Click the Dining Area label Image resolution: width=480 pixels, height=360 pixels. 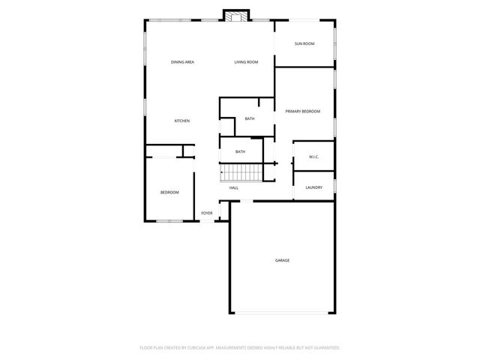[182, 61]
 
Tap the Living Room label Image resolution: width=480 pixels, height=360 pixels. [246, 61]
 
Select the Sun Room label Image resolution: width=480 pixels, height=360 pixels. [304, 43]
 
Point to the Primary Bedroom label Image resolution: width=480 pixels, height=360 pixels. [302, 111]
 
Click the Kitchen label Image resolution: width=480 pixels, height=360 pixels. [181, 121]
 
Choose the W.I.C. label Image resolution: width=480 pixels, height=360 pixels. [313, 157]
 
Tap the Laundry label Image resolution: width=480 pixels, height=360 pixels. [313, 187]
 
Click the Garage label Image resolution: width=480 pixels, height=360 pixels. [282, 260]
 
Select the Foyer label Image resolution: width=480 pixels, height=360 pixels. [206, 213]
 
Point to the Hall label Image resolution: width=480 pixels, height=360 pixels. [234, 187]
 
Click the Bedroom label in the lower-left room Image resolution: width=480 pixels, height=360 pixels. [169, 193]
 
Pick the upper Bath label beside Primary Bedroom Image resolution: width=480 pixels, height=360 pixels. [249, 118]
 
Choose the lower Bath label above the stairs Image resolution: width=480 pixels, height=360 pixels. [240, 151]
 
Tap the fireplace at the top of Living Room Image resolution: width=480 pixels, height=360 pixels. [237, 16]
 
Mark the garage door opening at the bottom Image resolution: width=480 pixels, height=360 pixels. [282, 313]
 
